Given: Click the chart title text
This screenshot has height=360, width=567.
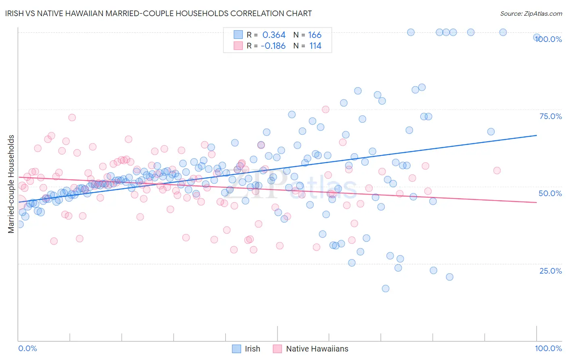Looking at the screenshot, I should pos(159,13).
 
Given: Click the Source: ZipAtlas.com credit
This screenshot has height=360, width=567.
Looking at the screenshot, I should pos(531,13).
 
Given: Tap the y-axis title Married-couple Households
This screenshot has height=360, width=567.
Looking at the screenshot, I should pos(11,184).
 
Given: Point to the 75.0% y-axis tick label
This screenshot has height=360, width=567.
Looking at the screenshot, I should pos(550,116).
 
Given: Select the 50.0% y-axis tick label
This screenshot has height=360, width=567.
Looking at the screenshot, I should pos(550,193).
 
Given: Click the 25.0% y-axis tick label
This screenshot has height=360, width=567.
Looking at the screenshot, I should pos(550,271).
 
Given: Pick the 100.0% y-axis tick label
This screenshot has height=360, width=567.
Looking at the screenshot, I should pos(548,39).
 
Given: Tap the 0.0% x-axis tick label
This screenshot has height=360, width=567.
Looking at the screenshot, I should pos(27,348).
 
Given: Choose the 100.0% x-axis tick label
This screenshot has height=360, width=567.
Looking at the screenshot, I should pos(548,348).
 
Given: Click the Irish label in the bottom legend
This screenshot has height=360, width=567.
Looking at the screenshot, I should pos(252,349).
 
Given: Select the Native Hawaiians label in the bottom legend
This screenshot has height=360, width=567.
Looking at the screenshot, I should pos(317,349).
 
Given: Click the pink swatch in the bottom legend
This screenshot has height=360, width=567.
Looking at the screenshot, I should pos(277,349).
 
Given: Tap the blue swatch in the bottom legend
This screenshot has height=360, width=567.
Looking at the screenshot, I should pos(236,349).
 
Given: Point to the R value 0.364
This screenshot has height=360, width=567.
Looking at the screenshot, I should pos(274,35).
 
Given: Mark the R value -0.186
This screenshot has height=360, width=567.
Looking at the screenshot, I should pos(273,46).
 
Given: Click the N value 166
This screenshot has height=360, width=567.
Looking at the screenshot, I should pos(315,35).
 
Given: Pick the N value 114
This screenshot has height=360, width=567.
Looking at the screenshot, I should pos(315,46).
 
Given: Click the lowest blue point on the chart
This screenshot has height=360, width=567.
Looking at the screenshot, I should pos(386,289).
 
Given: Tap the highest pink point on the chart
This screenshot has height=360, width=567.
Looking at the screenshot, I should pos(325,109).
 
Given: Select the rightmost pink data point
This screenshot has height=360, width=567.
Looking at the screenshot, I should pos(497,171).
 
